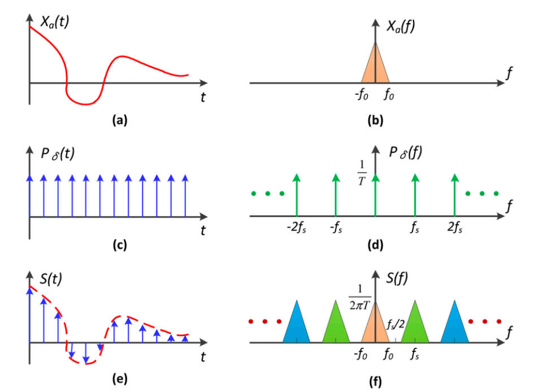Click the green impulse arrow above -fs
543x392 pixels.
pos(336,195)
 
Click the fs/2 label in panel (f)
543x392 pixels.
pos(395,326)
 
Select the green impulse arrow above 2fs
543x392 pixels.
pos(454,195)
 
